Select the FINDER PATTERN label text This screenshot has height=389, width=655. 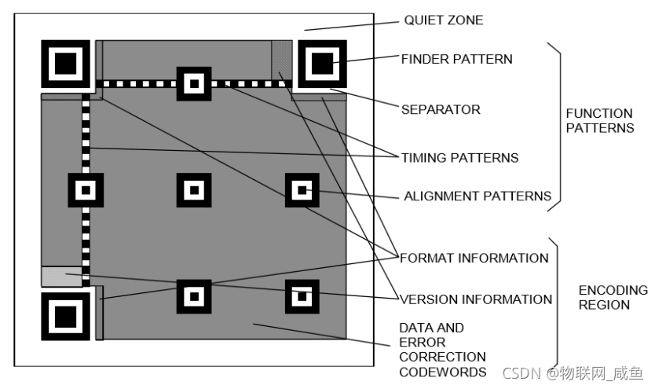point(456,59)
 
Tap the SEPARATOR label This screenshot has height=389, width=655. point(440,109)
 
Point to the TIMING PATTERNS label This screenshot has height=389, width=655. point(459,157)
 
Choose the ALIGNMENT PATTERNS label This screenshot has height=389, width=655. point(478,196)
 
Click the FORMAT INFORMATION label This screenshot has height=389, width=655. point(474,258)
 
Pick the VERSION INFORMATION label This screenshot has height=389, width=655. point(476,299)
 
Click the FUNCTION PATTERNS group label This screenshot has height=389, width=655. point(599,120)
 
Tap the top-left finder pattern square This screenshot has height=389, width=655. point(65,62)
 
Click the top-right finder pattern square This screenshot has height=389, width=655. point(320,62)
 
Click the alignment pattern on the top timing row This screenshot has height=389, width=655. point(193,82)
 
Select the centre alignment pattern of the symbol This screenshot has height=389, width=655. point(193,189)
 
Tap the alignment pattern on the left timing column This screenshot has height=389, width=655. point(86,189)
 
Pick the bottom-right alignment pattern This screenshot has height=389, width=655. point(302,296)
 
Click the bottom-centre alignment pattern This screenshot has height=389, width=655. point(193,296)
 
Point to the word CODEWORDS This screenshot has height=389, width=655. point(442,371)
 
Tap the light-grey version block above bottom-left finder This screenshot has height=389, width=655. point(61,276)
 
